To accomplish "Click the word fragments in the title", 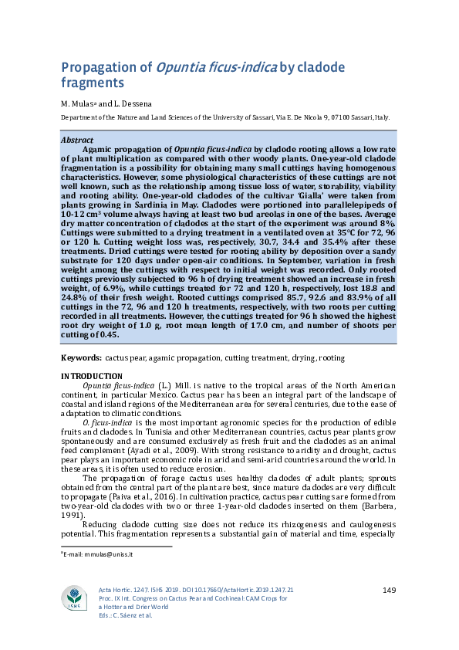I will [93, 82].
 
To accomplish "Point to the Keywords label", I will [80, 358].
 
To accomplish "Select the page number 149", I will [389, 591].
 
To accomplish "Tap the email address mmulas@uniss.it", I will [101, 554].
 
